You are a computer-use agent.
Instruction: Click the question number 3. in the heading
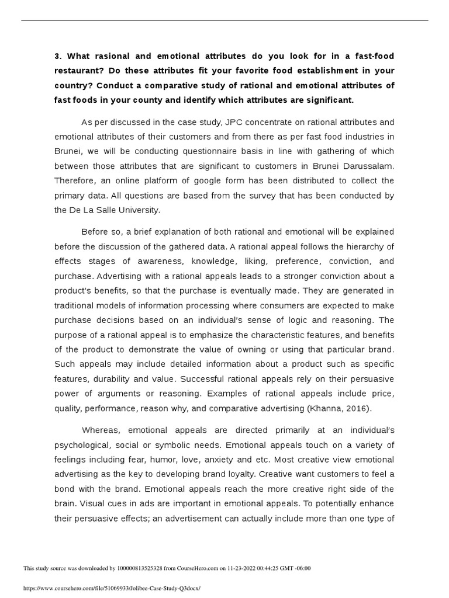[57, 56]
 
